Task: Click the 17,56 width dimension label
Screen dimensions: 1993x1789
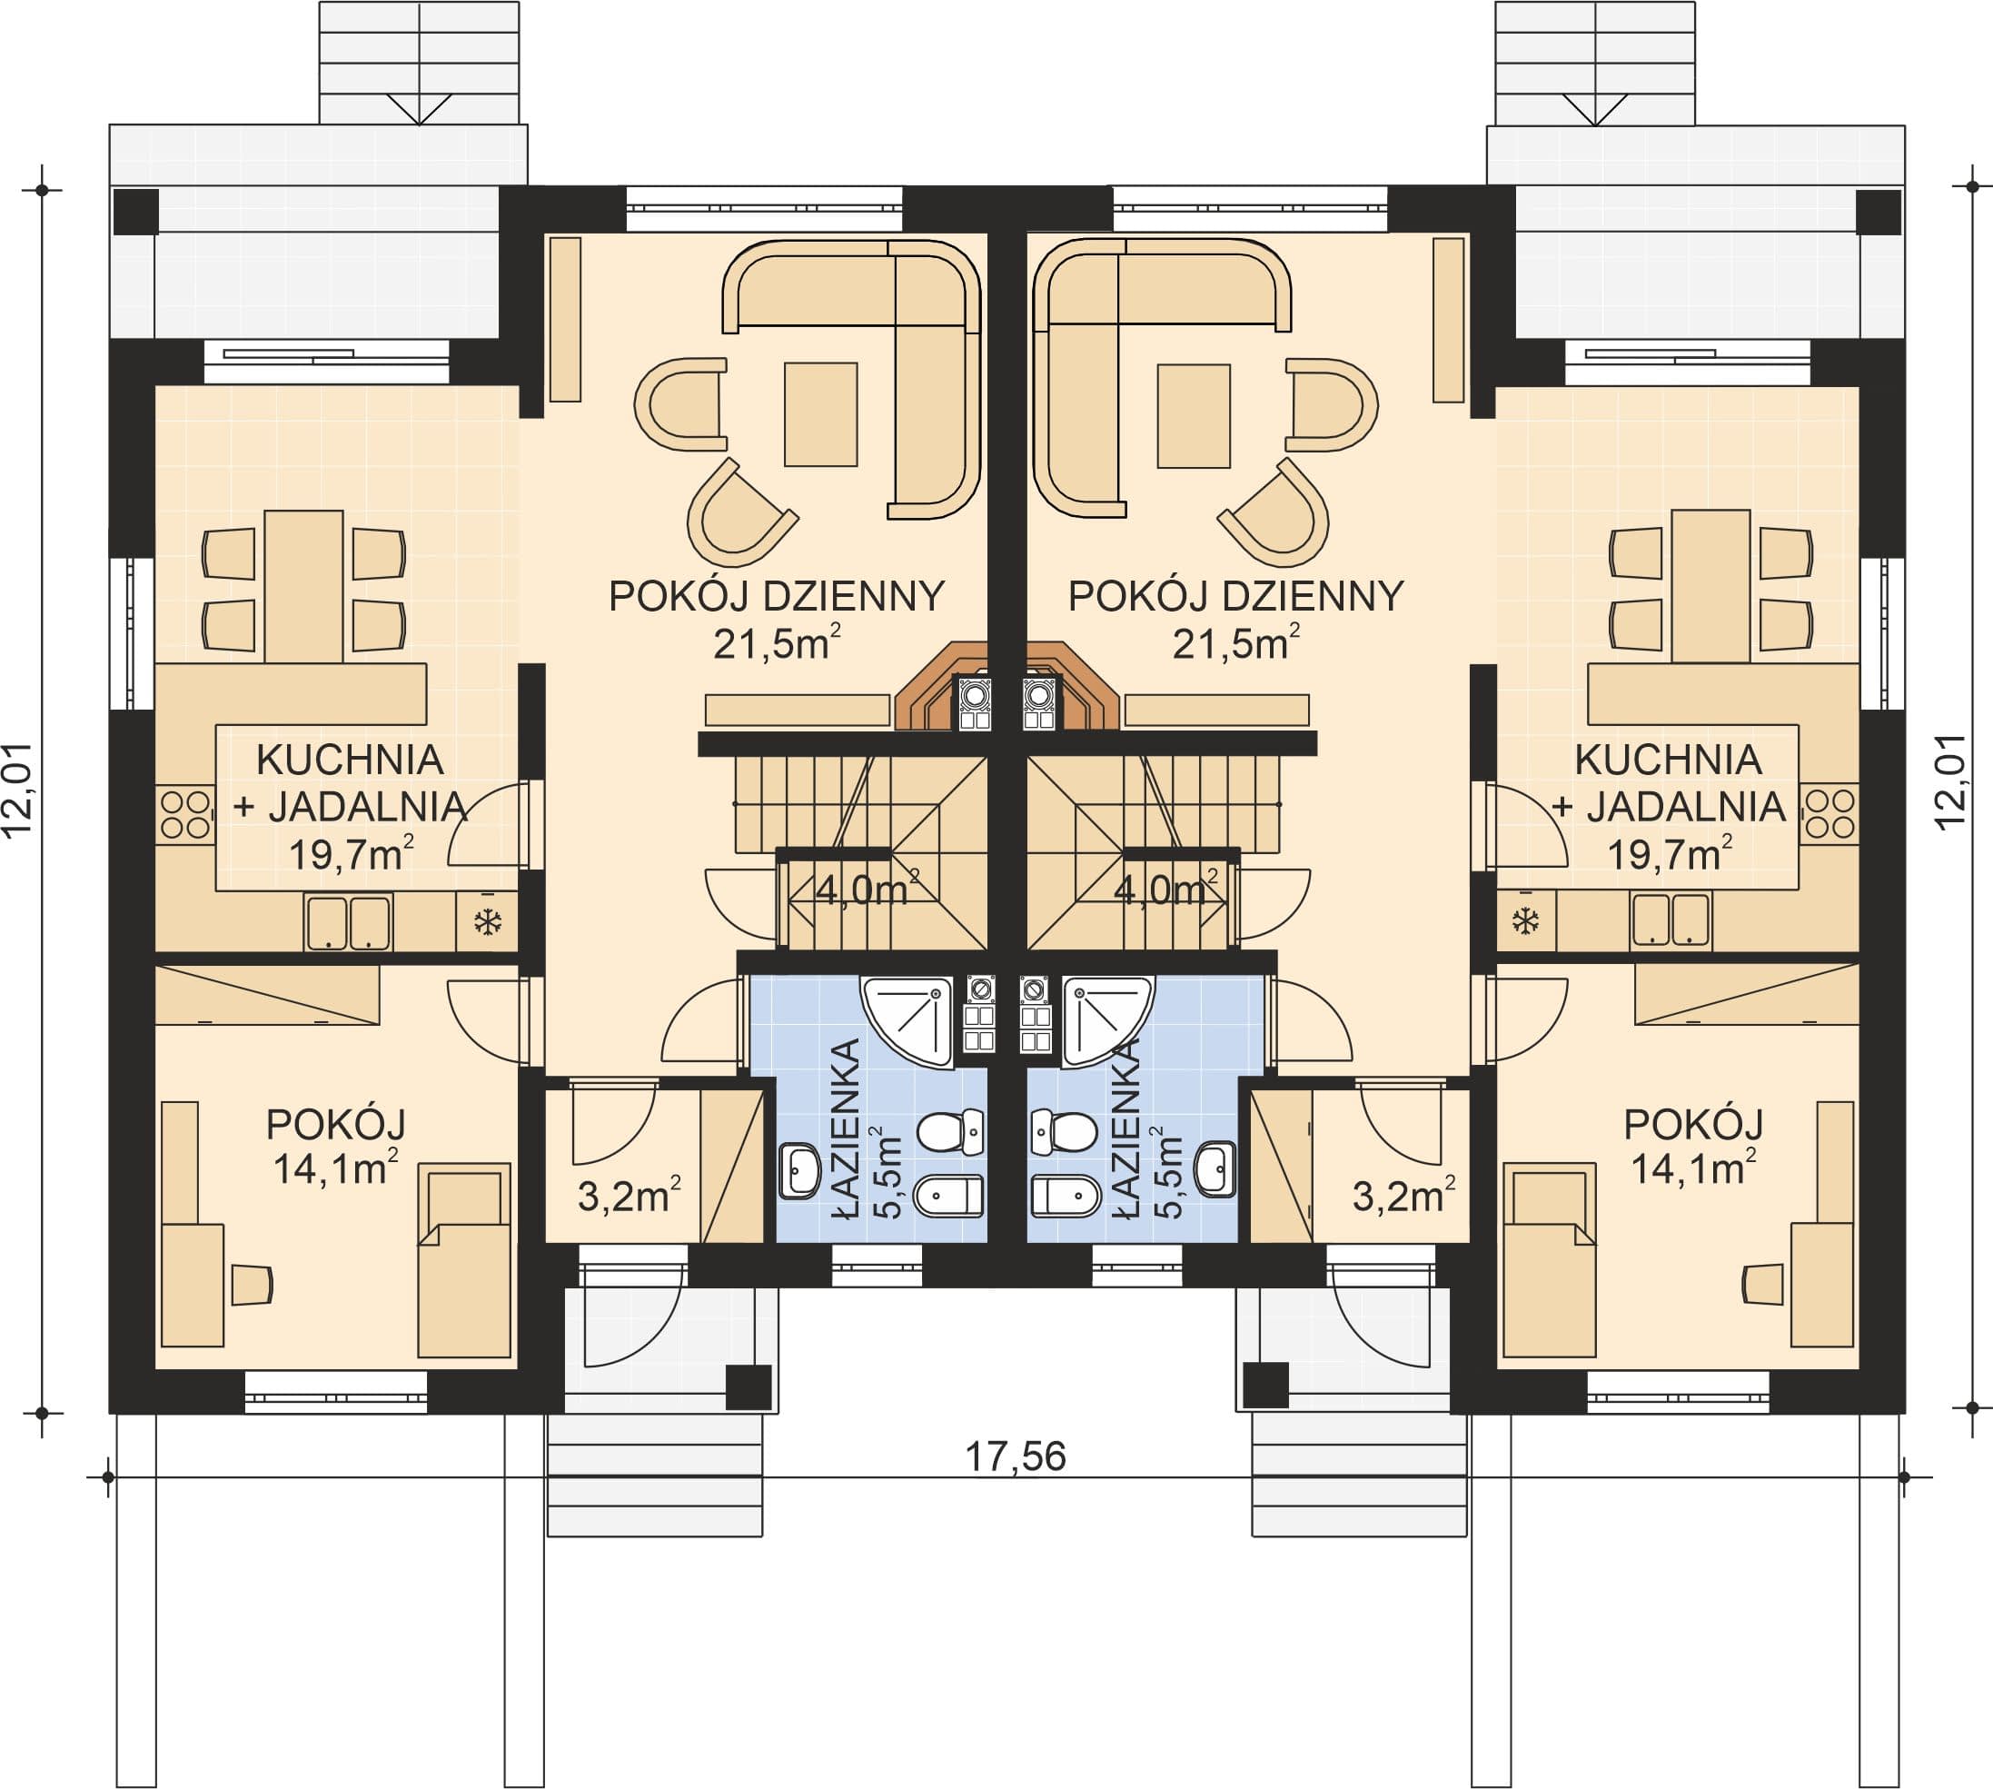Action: [x=1016, y=1456]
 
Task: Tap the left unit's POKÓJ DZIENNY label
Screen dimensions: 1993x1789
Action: [x=777, y=597]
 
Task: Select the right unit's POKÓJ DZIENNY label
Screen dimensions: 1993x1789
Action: [x=1236, y=597]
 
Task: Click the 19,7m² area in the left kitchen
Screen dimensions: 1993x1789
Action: [x=351, y=853]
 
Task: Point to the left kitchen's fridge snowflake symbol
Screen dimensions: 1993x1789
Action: [x=489, y=922]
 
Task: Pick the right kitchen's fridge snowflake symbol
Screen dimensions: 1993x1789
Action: [x=1525, y=922]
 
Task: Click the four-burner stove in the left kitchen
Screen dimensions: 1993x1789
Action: [x=184, y=815]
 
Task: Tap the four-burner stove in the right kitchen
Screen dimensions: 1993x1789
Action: [x=1829, y=815]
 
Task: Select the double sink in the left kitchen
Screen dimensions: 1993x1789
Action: [x=348, y=923]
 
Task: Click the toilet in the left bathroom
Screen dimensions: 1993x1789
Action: [x=950, y=1132]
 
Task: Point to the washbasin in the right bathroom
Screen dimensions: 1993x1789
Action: [x=1215, y=1169]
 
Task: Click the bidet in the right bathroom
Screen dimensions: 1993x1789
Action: [x=1066, y=1198]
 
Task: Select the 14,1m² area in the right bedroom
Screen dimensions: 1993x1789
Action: [x=1693, y=1168]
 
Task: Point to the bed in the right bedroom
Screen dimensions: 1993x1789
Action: [x=1549, y=1261]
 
